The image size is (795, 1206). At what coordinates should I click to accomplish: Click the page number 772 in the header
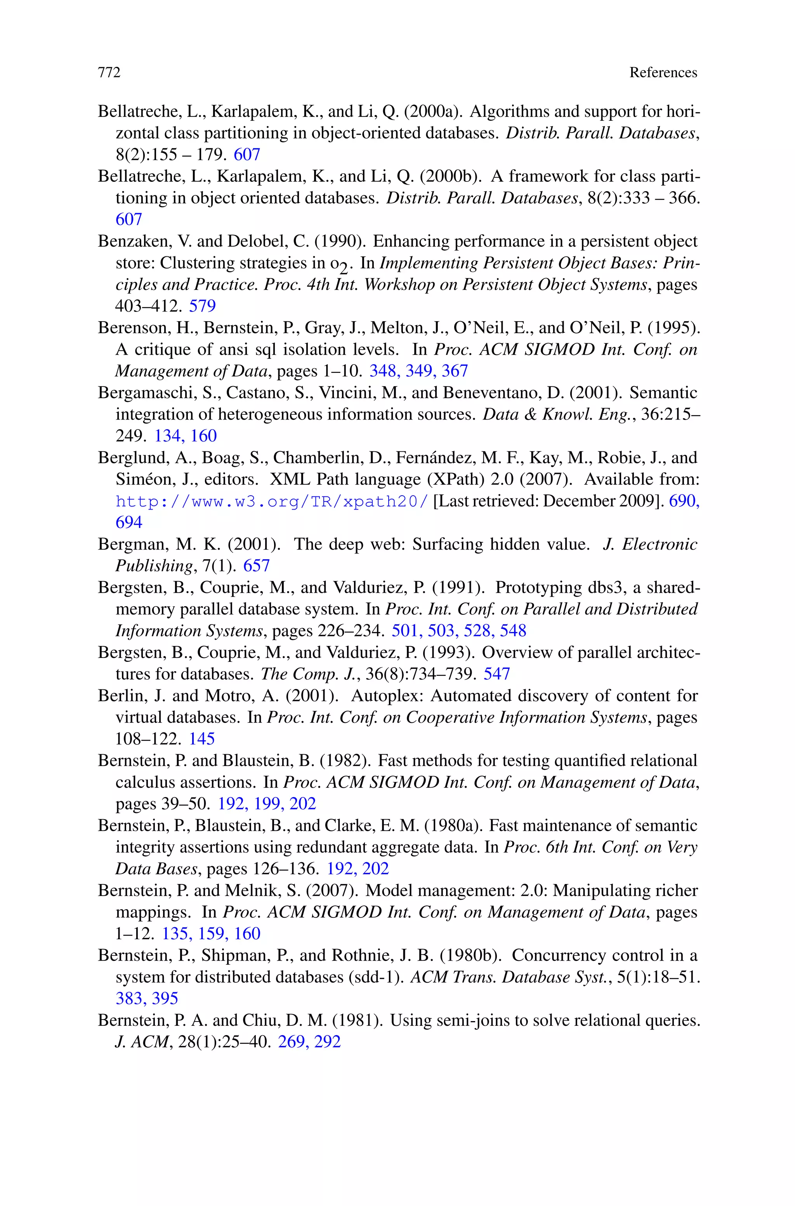pyautogui.click(x=109, y=73)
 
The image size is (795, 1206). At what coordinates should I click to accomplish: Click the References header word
pyautogui.click(x=663, y=73)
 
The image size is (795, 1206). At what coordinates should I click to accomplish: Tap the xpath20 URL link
pyautogui.click(x=272, y=501)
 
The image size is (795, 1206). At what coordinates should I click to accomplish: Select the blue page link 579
pyautogui.click(x=202, y=306)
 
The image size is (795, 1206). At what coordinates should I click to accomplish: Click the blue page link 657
pyautogui.click(x=256, y=566)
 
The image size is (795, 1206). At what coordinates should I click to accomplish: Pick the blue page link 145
pyautogui.click(x=202, y=738)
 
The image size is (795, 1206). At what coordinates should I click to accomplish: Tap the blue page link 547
pyautogui.click(x=496, y=673)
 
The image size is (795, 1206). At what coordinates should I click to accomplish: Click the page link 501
pyautogui.click(x=404, y=630)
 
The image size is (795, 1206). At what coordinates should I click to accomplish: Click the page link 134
pyautogui.click(x=167, y=436)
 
